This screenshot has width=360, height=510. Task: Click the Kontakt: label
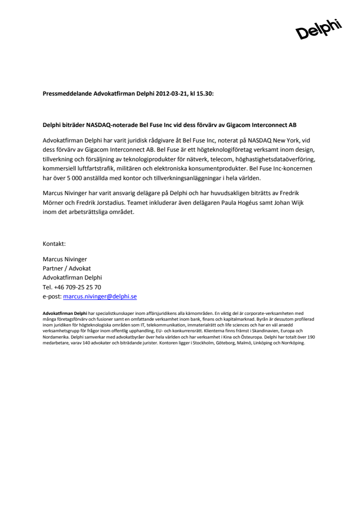click(x=54, y=244)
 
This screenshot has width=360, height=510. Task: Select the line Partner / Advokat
click(x=67, y=269)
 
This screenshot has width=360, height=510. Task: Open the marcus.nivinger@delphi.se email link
click(x=100, y=297)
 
